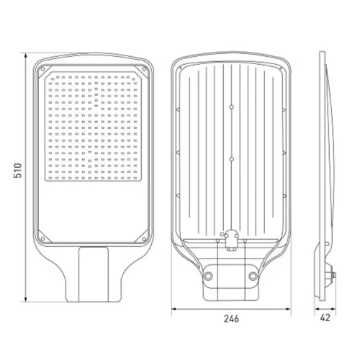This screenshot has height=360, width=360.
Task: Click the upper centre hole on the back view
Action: tap(231, 107)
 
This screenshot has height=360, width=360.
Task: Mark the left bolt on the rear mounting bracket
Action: tap(210, 276)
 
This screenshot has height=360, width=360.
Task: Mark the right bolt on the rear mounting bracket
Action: tap(253, 276)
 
